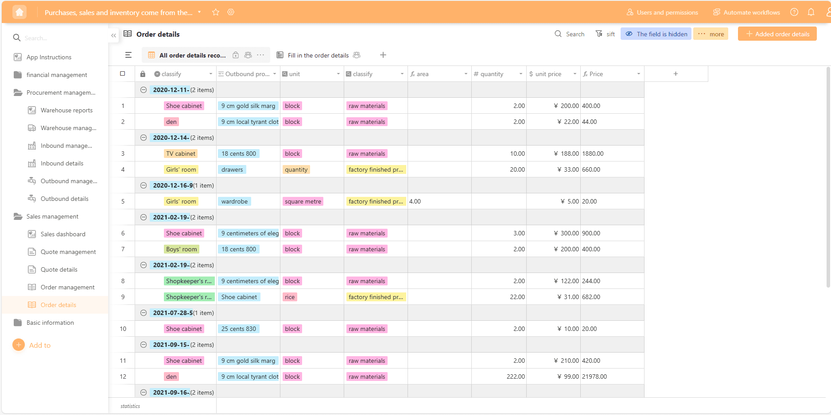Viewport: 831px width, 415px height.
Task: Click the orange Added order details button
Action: (x=777, y=34)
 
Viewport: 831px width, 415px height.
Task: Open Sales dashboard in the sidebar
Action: (x=62, y=234)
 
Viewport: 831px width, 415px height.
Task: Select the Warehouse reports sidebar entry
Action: (x=66, y=110)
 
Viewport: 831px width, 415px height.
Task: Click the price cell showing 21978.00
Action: (x=594, y=377)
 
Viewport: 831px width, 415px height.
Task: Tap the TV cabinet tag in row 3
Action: (x=181, y=154)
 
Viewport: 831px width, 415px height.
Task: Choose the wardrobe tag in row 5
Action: (x=234, y=201)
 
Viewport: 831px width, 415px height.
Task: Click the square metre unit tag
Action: (x=303, y=201)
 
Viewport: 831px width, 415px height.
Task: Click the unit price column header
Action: (x=548, y=74)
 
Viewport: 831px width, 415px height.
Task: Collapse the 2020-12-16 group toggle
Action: (x=144, y=185)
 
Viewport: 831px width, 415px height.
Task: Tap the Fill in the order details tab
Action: (x=318, y=55)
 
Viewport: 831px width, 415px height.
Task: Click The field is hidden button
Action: (x=656, y=34)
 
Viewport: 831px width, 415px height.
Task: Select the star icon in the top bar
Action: (x=216, y=12)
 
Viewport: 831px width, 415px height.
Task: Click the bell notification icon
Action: (x=811, y=12)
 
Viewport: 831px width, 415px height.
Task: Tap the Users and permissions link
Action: (x=662, y=12)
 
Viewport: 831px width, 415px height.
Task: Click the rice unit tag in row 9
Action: (x=290, y=297)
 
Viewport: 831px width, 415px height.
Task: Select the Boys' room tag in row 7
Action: (x=181, y=249)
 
